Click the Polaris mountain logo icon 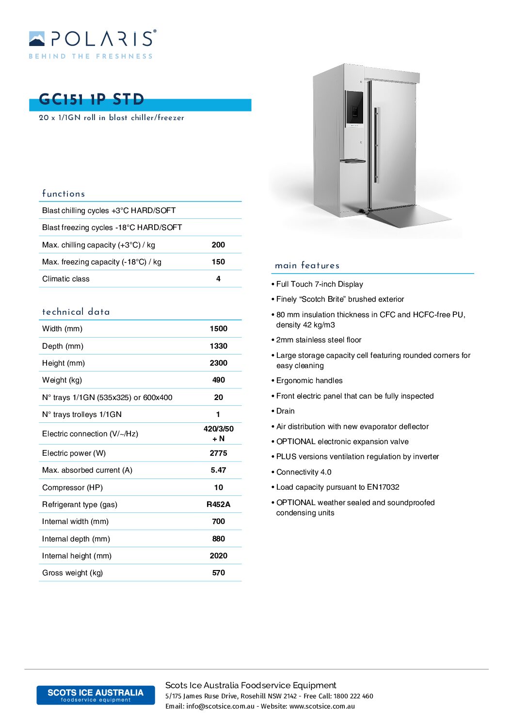click(x=37, y=39)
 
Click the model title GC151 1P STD click(x=92, y=99)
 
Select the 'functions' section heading click(x=64, y=194)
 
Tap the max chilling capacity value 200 click(x=218, y=245)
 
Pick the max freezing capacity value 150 click(x=218, y=262)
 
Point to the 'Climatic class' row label click(x=66, y=279)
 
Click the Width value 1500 click(x=218, y=329)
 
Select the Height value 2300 click(x=218, y=363)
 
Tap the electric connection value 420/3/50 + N click(x=218, y=433)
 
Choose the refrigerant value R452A click(x=218, y=504)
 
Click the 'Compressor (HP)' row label click(x=72, y=487)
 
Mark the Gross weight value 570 click(x=218, y=572)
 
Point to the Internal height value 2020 click(x=218, y=555)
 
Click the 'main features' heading click(x=307, y=265)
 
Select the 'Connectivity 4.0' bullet click(x=304, y=472)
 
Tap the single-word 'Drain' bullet click(x=285, y=411)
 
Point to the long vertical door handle click(x=376, y=145)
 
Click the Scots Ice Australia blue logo click(x=96, y=695)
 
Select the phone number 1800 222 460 click(x=353, y=696)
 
